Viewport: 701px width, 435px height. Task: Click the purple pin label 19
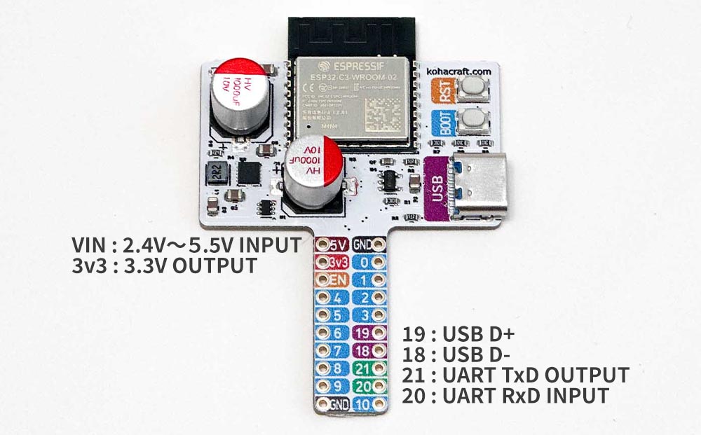click(364, 333)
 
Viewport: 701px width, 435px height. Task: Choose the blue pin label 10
click(364, 403)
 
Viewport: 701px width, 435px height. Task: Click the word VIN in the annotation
click(89, 246)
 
